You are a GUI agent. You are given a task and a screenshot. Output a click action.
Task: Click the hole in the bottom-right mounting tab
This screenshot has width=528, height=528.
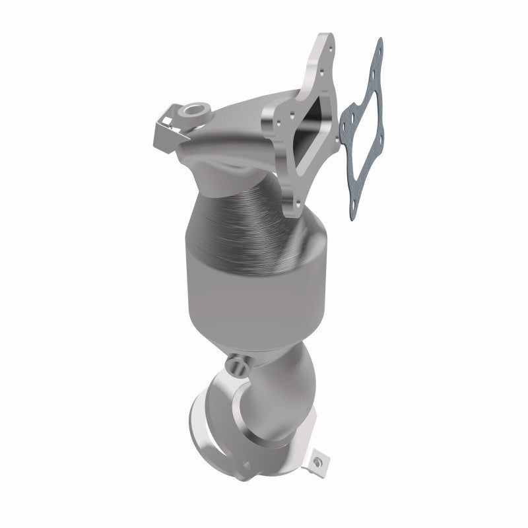319,457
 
